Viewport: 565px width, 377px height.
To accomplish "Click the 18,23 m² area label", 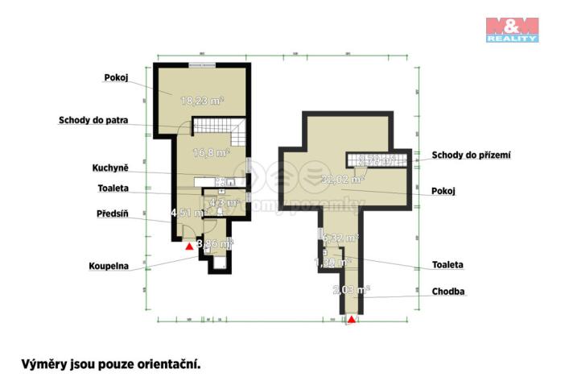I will (x=201, y=101).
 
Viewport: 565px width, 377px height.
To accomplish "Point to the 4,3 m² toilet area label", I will (x=224, y=204).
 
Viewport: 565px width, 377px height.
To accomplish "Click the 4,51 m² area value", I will (x=184, y=213).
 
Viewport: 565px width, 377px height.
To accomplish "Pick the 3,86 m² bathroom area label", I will (x=216, y=242).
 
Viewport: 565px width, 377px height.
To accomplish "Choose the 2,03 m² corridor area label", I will (x=352, y=289).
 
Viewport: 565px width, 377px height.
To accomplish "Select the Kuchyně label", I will (x=110, y=168).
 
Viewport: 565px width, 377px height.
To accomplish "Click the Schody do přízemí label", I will (x=472, y=155).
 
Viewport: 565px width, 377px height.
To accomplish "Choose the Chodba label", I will (x=448, y=292).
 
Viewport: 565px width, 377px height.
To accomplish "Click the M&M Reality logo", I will (x=512, y=28).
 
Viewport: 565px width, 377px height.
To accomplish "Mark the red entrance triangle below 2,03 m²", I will (x=352, y=320).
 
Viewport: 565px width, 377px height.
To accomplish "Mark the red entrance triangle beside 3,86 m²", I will (x=189, y=246).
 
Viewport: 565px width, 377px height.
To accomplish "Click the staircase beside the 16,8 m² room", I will (x=219, y=126).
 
